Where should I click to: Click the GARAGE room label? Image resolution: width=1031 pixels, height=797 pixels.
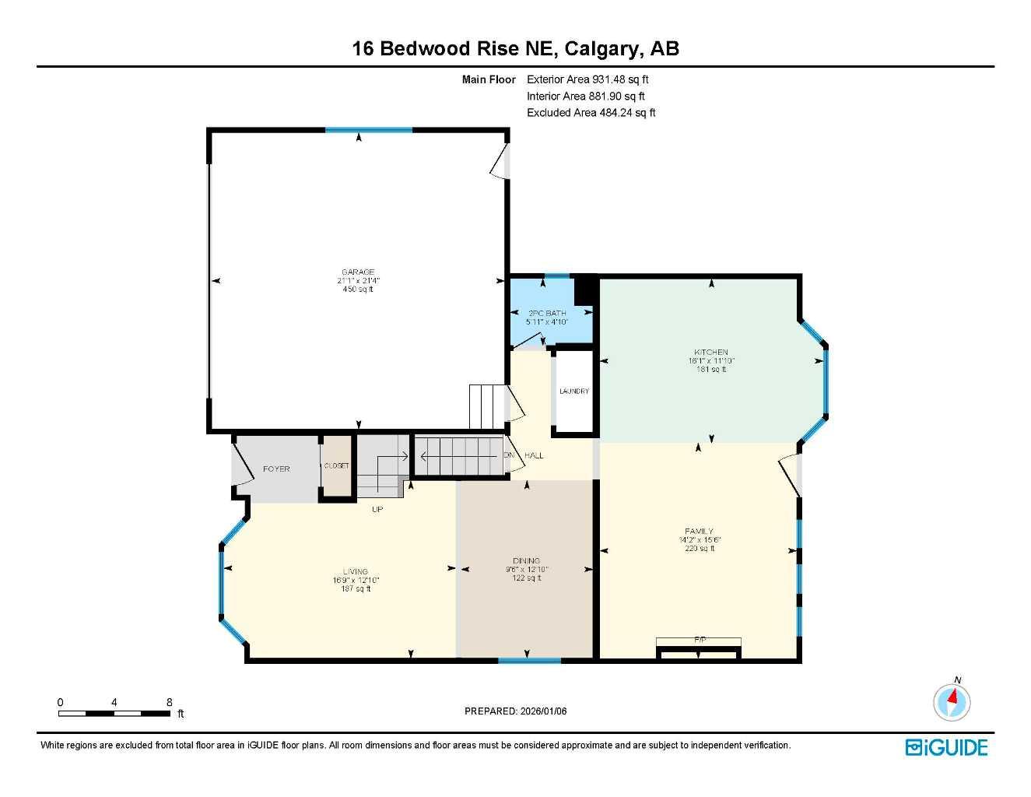358,272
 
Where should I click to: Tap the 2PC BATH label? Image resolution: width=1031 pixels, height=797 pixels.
547,313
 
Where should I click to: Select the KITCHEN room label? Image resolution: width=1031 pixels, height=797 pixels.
711,353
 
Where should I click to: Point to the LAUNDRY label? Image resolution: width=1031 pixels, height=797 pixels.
574,391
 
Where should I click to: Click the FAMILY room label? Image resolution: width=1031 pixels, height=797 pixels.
700,532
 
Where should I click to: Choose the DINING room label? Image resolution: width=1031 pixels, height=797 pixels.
526,561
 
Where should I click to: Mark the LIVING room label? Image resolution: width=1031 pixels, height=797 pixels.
356,571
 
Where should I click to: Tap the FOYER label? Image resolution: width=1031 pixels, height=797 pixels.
276,469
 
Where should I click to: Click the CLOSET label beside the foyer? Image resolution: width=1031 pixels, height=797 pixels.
337,465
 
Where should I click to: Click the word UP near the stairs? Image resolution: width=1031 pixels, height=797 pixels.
377,509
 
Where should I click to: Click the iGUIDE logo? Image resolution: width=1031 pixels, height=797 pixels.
946,747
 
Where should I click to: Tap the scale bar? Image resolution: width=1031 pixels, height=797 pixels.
114,712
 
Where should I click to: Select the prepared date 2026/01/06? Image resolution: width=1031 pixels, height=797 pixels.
515,711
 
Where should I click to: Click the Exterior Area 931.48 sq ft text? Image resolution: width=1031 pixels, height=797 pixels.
587,79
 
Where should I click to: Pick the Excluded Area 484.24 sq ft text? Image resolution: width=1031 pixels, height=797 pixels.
591,113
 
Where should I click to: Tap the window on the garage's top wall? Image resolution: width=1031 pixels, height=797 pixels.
368,130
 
